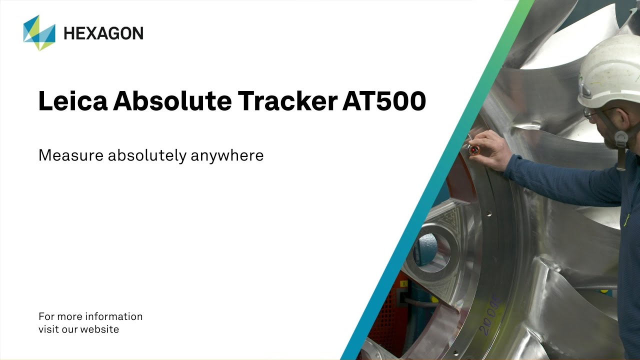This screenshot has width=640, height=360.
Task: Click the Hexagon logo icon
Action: point(39,33)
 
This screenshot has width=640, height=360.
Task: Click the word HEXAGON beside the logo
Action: point(103,33)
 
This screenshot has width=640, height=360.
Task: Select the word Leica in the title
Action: point(72,101)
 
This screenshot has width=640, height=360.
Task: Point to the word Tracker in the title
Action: point(287,101)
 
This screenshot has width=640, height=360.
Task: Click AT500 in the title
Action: point(384,101)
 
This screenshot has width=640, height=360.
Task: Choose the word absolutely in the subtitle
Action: point(147,155)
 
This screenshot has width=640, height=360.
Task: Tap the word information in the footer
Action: point(114,316)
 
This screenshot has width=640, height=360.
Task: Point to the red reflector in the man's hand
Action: point(473,149)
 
